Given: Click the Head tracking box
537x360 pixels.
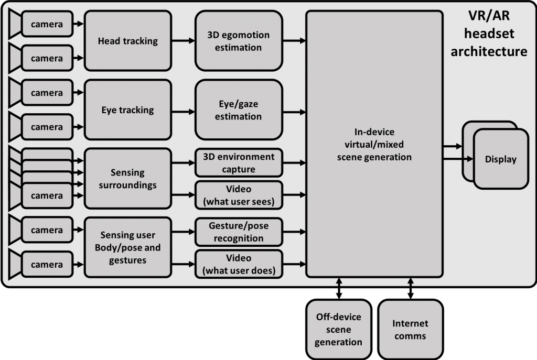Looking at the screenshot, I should [127, 41].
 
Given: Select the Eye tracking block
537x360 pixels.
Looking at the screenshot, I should [127, 110].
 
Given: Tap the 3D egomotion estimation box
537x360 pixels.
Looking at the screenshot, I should [238, 41].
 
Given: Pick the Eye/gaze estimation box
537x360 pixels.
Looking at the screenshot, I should [238, 111].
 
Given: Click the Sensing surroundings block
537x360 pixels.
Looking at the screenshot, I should [127, 178].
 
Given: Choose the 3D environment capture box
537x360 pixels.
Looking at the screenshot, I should [238, 163].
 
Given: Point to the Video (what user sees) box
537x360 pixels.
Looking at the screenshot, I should [238, 194].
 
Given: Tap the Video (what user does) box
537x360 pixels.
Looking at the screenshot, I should [238, 264].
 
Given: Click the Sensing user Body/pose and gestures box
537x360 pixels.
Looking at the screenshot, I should [127, 248].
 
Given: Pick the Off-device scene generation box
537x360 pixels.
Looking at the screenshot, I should [338, 329].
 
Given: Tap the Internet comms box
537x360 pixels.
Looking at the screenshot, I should [410, 329].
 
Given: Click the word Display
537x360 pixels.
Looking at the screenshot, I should [500, 159].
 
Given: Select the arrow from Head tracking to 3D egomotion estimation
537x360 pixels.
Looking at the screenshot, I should [183, 41].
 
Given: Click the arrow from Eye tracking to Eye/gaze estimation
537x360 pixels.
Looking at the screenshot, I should [183, 111].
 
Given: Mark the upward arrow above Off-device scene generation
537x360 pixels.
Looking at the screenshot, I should [339, 283].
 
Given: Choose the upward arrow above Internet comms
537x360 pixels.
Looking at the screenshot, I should [410, 283].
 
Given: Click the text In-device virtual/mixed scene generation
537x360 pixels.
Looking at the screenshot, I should [374, 144].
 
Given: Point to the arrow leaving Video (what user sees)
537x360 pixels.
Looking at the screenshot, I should [294, 195].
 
